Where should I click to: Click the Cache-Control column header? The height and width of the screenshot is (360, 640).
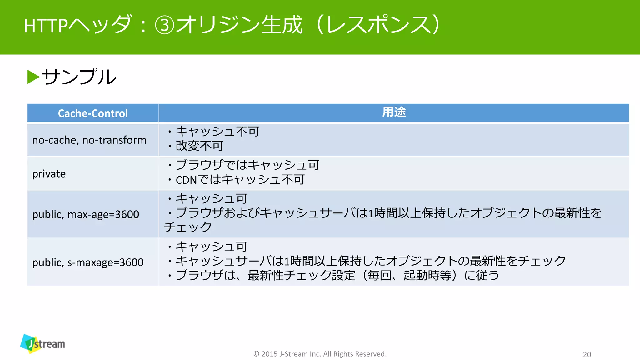(x=93, y=113)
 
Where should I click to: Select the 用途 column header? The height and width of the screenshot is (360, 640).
(x=394, y=112)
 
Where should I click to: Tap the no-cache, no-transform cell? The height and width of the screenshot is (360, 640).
(x=89, y=140)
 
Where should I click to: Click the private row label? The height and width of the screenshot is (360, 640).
(x=49, y=174)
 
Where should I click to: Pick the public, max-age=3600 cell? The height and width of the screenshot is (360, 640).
(x=86, y=214)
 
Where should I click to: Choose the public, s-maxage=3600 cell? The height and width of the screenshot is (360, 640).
(x=88, y=262)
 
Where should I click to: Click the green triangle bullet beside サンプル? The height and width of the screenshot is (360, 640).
(x=33, y=77)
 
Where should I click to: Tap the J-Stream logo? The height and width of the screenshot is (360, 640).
(x=43, y=343)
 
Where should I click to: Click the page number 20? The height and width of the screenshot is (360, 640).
(x=587, y=354)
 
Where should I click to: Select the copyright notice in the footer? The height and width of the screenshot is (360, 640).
(x=320, y=354)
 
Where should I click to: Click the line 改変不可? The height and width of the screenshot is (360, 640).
(x=199, y=146)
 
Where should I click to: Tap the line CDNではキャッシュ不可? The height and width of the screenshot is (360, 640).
(x=240, y=180)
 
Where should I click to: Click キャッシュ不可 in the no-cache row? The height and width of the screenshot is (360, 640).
(x=217, y=132)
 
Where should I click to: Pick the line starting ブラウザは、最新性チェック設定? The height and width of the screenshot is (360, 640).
(x=337, y=275)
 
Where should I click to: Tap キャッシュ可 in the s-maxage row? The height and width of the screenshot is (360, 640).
(x=211, y=247)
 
